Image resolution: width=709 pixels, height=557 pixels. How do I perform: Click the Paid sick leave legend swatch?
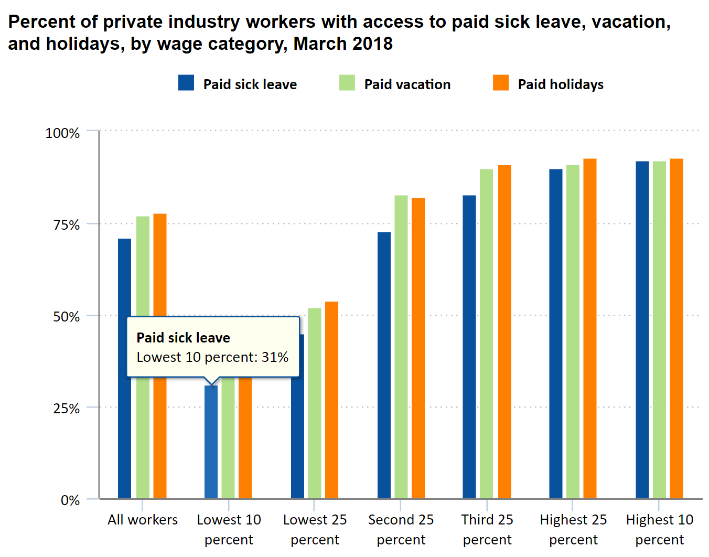(186, 83)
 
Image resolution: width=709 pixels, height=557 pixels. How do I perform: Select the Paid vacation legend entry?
(407, 84)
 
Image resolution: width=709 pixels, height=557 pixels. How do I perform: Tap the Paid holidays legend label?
(561, 84)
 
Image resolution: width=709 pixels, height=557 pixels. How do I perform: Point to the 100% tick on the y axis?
(63, 133)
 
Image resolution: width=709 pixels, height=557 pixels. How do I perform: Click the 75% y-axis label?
(66, 225)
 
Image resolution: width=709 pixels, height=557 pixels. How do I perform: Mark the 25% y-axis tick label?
(66, 409)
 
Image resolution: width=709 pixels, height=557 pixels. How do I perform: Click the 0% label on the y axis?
(70, 500)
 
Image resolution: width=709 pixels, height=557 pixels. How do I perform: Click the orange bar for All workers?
(160, 262)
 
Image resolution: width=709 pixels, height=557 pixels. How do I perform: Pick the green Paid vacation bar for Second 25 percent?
(401, 346)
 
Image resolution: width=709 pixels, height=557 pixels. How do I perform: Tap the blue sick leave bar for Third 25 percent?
(469, 346)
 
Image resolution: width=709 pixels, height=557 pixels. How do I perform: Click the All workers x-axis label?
(143, 520)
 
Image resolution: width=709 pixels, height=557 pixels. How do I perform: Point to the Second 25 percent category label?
(401, 529)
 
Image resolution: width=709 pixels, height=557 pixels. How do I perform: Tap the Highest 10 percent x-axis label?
(660, 529)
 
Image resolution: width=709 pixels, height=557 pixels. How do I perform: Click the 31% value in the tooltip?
(275, 357)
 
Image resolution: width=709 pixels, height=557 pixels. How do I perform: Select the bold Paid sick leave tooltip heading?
(184, 338)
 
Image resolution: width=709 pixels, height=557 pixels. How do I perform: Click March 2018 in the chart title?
(343, 44)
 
